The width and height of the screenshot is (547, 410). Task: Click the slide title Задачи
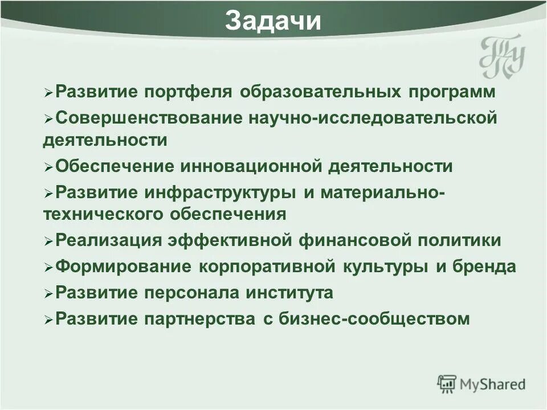coord(273,22)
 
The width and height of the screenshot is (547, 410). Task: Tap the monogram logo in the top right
coord(501,56)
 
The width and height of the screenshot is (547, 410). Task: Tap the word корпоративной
coord(268,266)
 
